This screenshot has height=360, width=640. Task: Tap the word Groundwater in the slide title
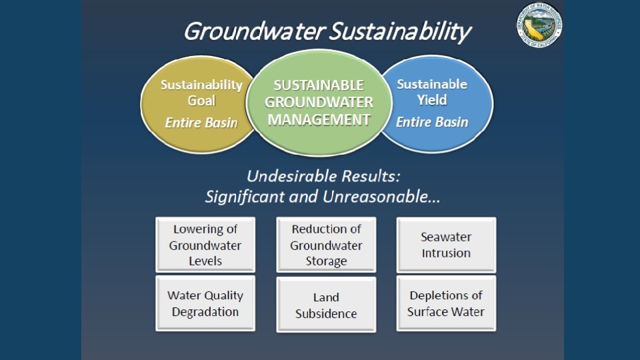tap(253, 31)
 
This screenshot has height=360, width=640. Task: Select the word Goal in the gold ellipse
tap(201, 101)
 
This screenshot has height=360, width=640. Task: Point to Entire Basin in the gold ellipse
tap(201, 123)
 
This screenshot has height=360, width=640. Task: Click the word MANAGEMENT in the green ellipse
tap(319, 120)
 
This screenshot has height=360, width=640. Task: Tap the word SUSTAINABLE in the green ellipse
tap(319, 85)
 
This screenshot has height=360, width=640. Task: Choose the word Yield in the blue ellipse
tap(432, 100)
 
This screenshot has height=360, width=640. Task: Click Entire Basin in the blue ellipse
tap(432, 122)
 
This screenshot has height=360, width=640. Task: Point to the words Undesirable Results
tap(323, 177)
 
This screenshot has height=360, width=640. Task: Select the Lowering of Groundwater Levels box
tap(205, 245)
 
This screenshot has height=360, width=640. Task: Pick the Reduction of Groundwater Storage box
tap(326, 245)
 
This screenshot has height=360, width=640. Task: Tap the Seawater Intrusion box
tap(446, 245)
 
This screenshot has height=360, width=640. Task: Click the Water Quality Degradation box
tap(205, 303)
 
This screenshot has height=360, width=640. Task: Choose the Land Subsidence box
tap(326, 305)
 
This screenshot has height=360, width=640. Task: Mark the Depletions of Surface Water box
tap(446, 303)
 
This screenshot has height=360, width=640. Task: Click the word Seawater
tap(446, 237)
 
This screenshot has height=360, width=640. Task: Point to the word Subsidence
tap(326, 313)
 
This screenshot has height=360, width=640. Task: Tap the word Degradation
tap(205, 311)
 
